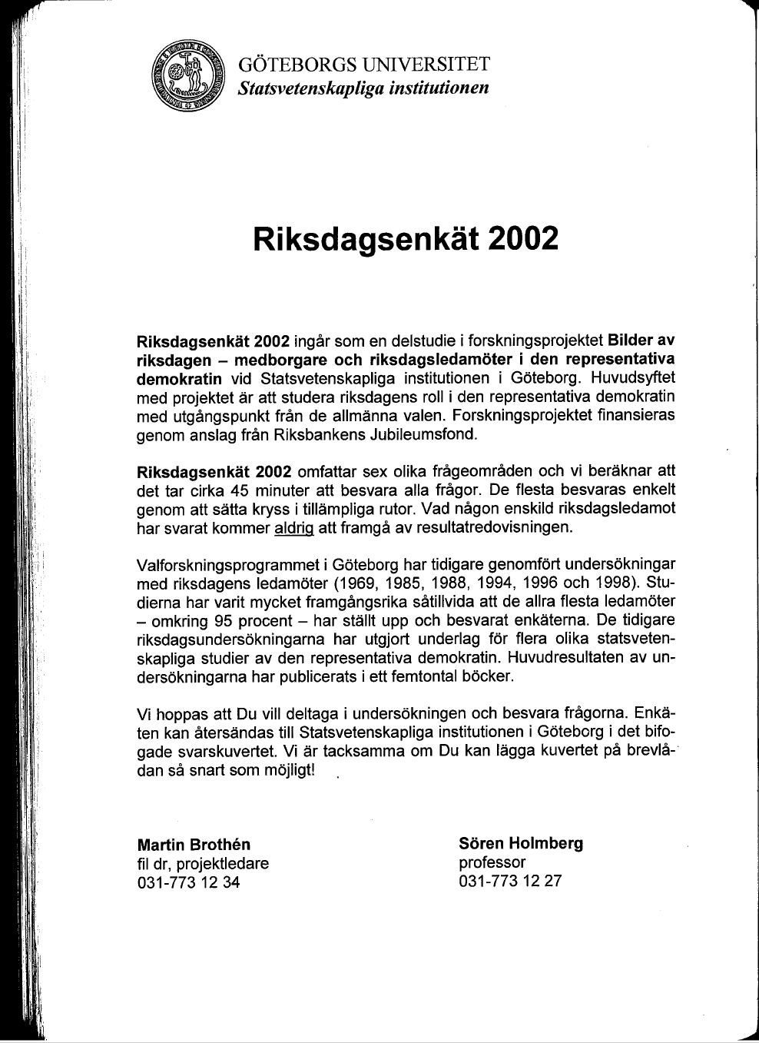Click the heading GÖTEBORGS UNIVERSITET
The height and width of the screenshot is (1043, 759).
(x=363, y=65)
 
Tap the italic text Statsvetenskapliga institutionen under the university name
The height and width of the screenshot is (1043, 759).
(x=363, y=88)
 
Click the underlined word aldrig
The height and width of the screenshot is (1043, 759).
(x=295, y=527)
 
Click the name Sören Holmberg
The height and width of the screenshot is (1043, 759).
(x=521, y=843)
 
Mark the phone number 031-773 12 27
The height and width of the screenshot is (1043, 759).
(x=509, y=881)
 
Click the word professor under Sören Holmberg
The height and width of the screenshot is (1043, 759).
(x=492, y=862)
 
